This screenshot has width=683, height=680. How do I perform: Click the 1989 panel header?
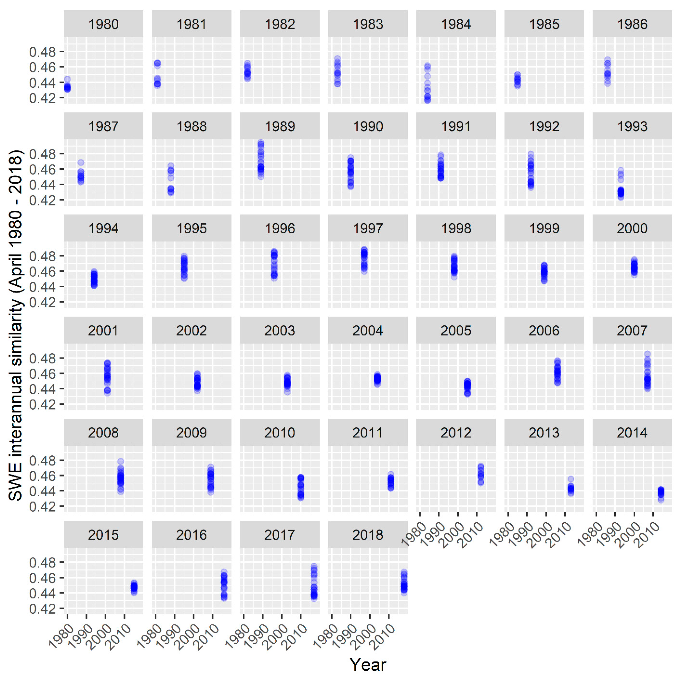tap(280, 126)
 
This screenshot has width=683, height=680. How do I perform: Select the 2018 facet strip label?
tap(368, 535)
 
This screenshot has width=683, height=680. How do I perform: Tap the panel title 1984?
tap(456, 24)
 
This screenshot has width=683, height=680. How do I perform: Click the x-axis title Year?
tap(368, 665)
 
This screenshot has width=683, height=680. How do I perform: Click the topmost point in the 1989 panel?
tap(261, 143)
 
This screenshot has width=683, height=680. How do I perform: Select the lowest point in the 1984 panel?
tap(427, 100)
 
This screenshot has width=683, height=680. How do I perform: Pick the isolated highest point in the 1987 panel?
tap(81, 163)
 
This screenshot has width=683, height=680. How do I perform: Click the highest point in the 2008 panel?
tap(121, 461)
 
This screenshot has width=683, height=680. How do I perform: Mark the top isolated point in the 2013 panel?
tap(571, 479)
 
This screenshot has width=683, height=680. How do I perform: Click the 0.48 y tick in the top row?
tap(42, 52)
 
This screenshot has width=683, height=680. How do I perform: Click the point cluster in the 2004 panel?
tap(377, 379)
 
